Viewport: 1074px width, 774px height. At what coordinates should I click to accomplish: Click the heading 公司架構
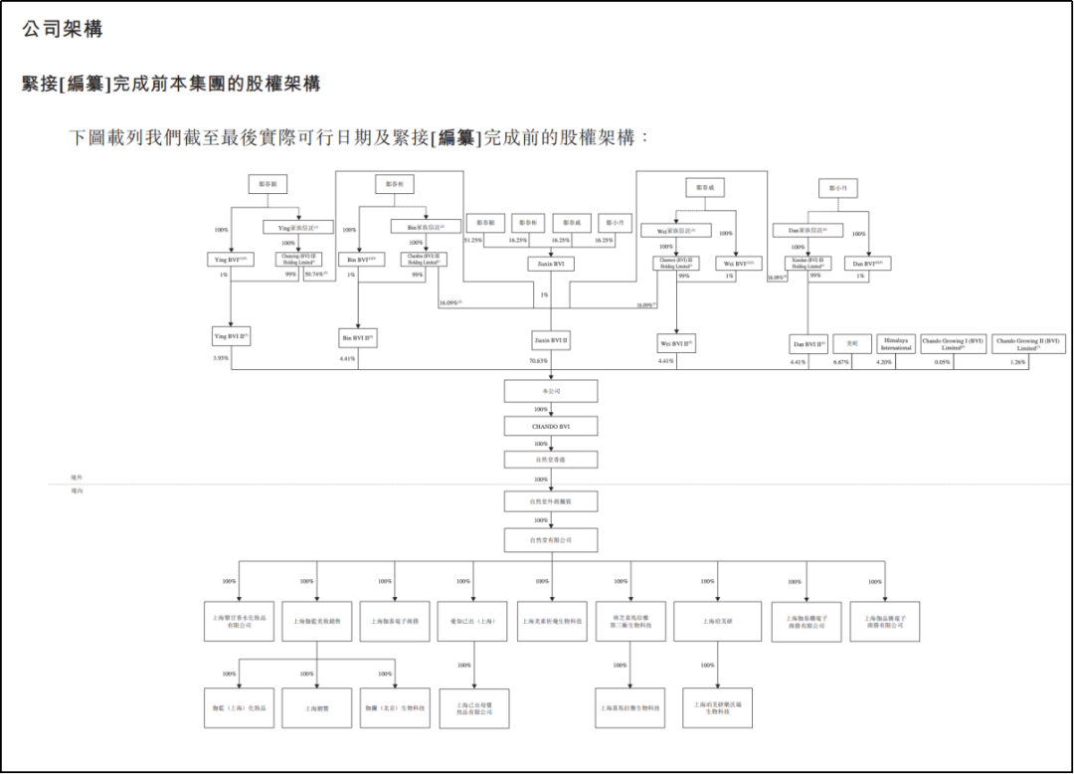point(62,30)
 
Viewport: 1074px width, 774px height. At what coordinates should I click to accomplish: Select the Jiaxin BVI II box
point(551,341)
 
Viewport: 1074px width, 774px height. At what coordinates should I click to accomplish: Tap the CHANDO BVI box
point(551,426)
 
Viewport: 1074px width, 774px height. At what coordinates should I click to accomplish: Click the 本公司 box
point(551,392)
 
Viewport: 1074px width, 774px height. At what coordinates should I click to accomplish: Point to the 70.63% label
point(538,361)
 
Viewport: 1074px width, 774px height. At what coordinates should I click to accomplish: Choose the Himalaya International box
point(896,344)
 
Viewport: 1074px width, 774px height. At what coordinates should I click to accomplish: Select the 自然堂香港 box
point(551,460)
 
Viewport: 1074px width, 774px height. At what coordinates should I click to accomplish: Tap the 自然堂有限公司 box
point(551,540)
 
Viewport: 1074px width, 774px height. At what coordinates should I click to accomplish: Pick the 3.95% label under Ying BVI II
point(221,358)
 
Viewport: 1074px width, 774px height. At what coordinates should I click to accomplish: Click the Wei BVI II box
point(675,343)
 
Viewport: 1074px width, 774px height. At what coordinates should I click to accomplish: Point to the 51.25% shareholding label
point(473,240)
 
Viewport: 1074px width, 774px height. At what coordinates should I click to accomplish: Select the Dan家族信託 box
point(807,231)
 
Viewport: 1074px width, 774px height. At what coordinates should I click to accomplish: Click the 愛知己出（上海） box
point(472,621)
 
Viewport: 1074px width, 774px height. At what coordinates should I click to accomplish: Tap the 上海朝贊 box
point(316,709)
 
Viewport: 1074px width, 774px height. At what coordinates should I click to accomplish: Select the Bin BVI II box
point(358,338)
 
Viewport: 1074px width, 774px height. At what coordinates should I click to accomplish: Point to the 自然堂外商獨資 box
point(551,502)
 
